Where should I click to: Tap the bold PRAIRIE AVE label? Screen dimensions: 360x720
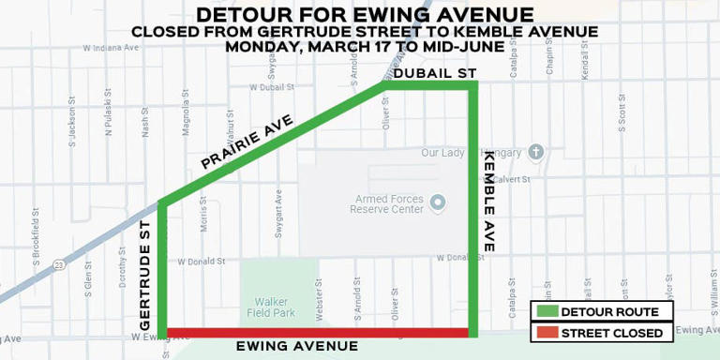click(x=247, y=142)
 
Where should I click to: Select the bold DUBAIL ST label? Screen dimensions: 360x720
click(x=435, y=73)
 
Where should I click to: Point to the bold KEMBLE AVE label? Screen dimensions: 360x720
click(x=489, y=202)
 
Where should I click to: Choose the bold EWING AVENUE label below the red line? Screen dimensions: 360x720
click(x=297, y=347)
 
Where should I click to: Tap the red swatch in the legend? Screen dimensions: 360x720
click(x=546, y=333)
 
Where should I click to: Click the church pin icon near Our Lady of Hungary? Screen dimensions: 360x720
click(x=536, y=152)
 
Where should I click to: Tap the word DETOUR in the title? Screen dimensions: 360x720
click(x=245, y=15)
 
